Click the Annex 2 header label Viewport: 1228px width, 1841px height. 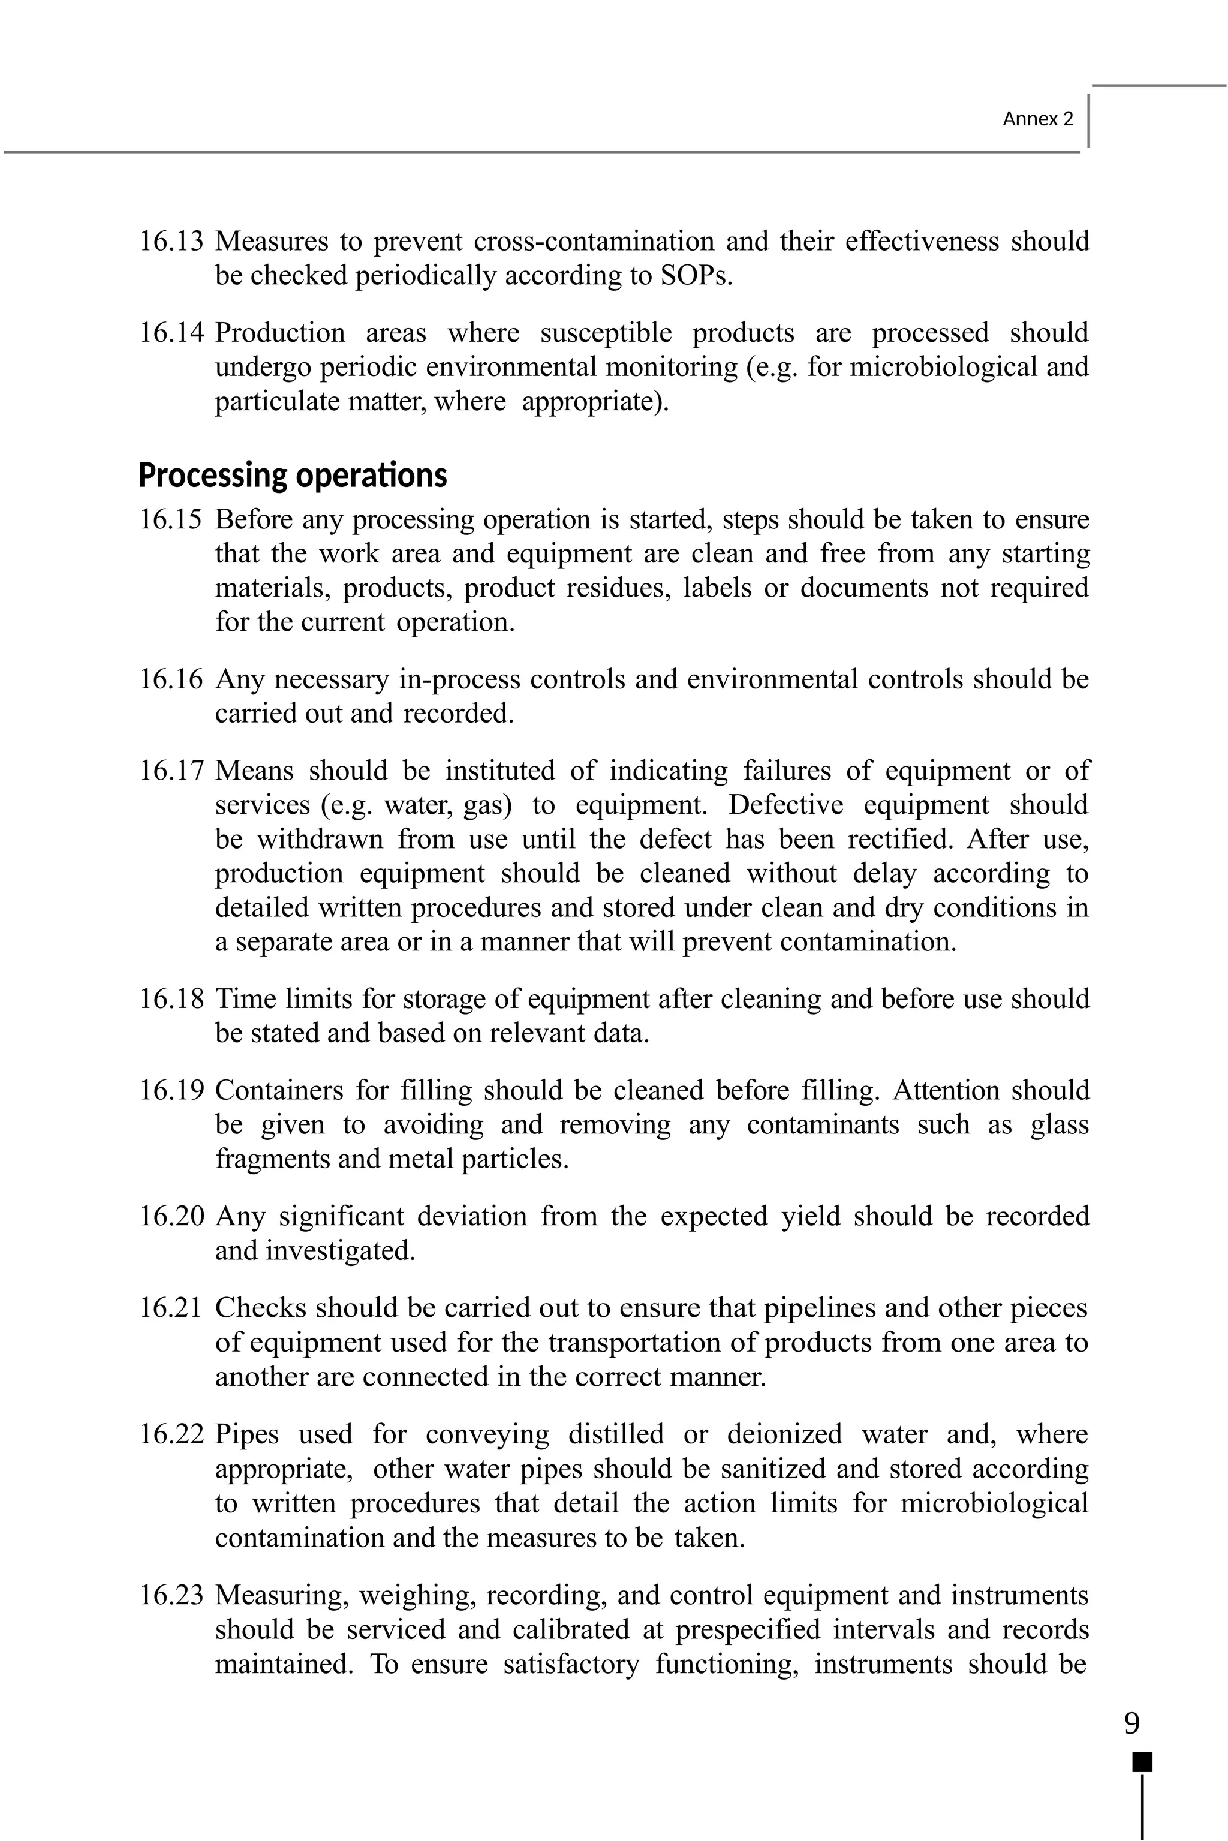(x=1038, y=119)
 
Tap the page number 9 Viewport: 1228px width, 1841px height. (x=1131, y=1723)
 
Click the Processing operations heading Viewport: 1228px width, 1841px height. (x=292, y=476)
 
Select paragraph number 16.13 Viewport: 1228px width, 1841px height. (x=171, y=241)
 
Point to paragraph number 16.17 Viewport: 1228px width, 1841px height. (x=171, y=771)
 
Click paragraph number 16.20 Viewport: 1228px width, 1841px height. (x=171, y=1216)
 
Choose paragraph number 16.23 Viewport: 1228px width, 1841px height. (x=171, y=1595)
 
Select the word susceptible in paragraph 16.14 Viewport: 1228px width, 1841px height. (x=606, y=333)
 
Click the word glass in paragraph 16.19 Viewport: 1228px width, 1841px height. (x=1059, y=1124)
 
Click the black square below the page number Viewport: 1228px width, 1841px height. (x=1143, y=1762)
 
